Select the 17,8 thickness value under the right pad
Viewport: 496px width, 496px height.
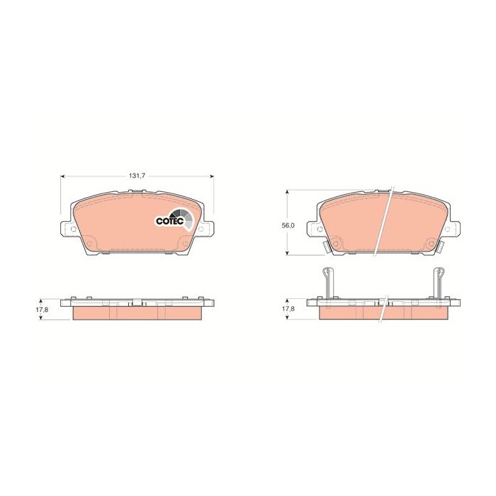pos(287,310)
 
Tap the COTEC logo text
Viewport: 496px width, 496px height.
pos(169,221)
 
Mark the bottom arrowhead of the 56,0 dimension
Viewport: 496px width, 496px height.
pos(287,253)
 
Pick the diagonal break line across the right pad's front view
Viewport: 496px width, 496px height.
pos(387,220)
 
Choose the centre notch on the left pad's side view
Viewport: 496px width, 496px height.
pos(137,303)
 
